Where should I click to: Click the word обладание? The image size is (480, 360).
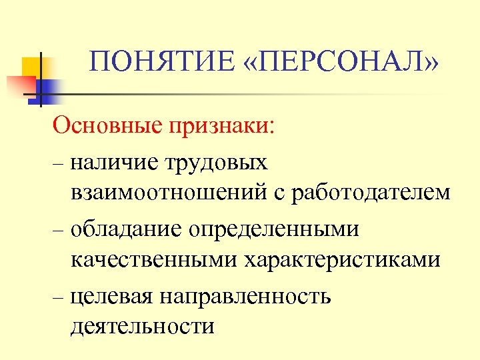click(124, 229)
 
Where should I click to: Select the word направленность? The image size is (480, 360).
click(245, 295)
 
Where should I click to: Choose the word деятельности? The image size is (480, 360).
click(141, 327)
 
